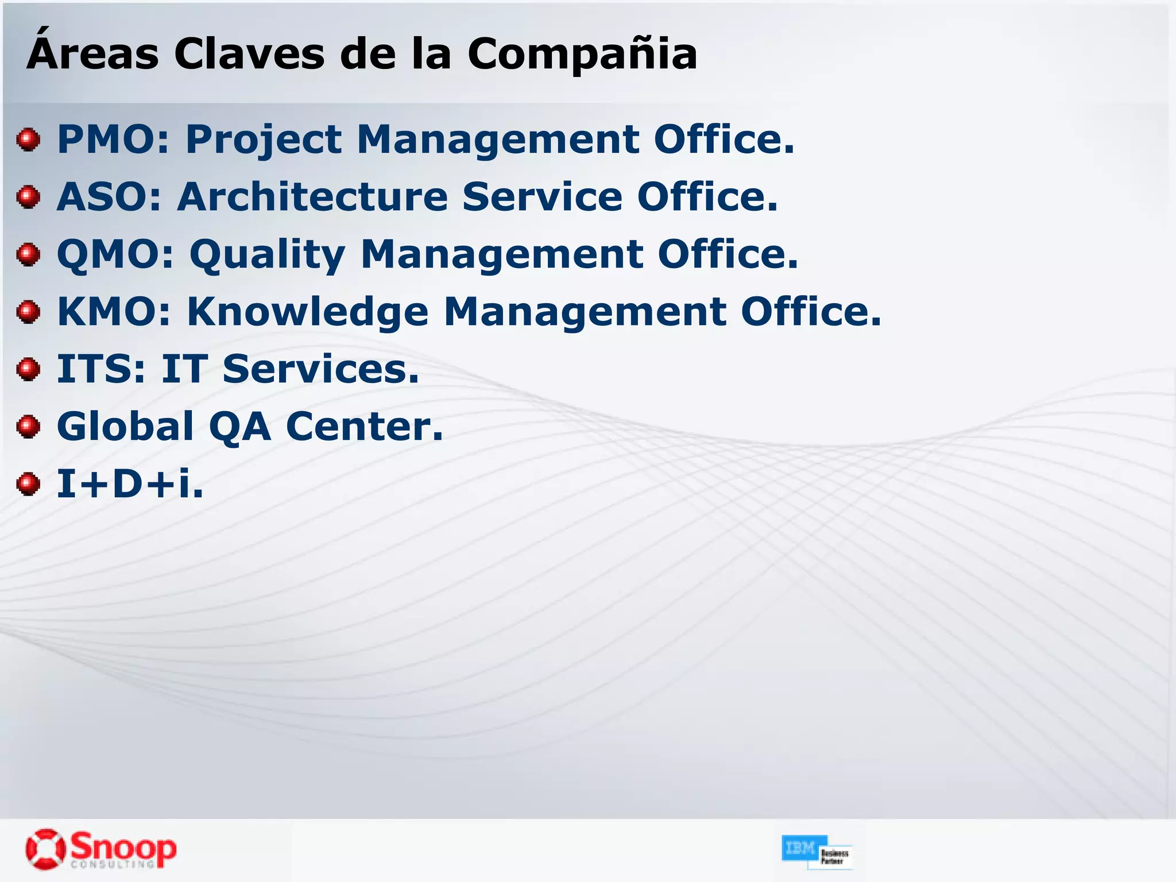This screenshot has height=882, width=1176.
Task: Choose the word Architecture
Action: [312, 197]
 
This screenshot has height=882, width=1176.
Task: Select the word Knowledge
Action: [308, 313]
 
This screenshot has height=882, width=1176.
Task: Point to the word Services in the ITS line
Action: [320, 369]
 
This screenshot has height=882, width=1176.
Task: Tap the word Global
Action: [126, 427]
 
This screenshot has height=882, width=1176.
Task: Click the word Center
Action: [365, 427]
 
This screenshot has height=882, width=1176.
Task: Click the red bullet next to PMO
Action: [28, 140]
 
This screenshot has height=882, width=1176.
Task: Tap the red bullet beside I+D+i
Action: [28, 484]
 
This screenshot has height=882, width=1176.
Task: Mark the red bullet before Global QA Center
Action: [28, 427]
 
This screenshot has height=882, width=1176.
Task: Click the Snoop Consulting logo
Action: [101, 849]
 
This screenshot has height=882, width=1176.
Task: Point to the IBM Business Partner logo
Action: [816, 852]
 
